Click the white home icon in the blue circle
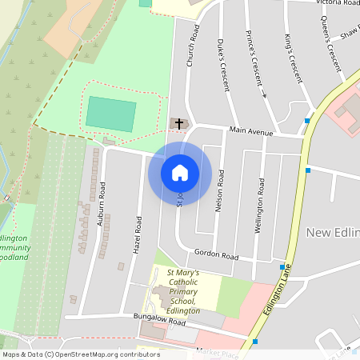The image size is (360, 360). pyautogui.click(x=180, y=172)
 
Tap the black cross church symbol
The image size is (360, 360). pyautogui.click(x=180, y=123)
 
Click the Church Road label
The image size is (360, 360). pyautogui.click(x=193, y=50)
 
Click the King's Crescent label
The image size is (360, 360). pyautogui.click(x=294, y=58)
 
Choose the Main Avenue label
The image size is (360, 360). pyautogui.click(x=250, y=130)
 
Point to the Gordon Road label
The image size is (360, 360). pyautogui.click(x=216, y=256)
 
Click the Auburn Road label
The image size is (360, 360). pyautogui.click(x=102, y=203)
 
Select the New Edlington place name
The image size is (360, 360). pyautogui.click(x=333, y=232)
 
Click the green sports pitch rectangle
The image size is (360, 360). pyautogui.click(x=110, y=114)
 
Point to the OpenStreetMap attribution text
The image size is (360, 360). pyautogui.click(x=80, y=354)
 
